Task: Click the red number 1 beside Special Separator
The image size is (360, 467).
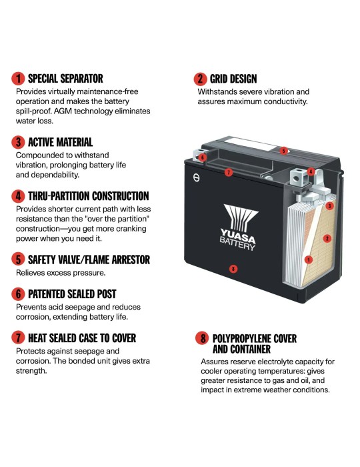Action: coord(18,79)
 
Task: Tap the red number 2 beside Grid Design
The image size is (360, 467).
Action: coord(200,79)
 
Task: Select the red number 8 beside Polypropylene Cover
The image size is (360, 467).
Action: coord(202,338)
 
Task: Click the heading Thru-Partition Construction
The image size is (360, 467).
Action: coord(89,196)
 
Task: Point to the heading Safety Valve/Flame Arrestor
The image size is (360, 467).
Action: coord(89,260)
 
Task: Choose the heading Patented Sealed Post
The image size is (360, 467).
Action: coord(72,294)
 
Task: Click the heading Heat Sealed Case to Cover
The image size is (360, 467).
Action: coord(82,338)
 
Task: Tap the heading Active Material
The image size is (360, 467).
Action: coord(61,142)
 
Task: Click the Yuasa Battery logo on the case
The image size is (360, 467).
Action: coord(239,227)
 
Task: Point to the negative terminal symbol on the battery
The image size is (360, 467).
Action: coord(197,178)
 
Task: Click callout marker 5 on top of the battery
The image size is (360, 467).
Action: coord(283,151)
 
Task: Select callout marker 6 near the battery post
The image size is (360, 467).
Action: coord(202,157)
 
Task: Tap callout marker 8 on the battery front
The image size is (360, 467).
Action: coord(233,269)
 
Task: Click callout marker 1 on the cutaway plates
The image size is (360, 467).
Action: coord(309,260)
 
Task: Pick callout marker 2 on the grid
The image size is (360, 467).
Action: coord(327,238)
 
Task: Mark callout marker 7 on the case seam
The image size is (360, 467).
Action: coord(229,172)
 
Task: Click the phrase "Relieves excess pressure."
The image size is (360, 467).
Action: coord(61,273)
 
